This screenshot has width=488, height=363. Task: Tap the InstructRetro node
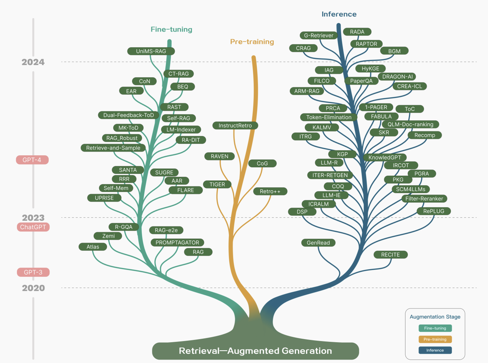pos(235,125)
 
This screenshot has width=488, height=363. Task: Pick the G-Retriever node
pos(318,35)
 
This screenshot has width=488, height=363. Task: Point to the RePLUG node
pos(433,211)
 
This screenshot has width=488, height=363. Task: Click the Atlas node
pos(93,246)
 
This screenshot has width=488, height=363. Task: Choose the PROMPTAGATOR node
pos(177,242)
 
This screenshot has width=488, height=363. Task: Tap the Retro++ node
pos(270,191)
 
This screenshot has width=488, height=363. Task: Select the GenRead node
pos(318,243)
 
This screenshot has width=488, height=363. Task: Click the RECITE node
pos(390,255)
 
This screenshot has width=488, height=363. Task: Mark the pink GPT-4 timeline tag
pos(32,160)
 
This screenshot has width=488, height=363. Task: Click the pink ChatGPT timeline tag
pos(33,227)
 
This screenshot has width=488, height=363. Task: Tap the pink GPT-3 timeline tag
pos(33,272)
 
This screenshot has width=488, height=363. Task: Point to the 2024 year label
pos(33,62)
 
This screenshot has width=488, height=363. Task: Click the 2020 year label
pos(33,288)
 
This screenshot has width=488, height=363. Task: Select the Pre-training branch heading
pos(252,42)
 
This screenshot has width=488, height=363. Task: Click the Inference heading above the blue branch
pos(339,14)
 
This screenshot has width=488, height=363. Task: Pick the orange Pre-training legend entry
pos(435,339)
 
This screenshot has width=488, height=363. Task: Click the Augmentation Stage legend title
pos(435,317)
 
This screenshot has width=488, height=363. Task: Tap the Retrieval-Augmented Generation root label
pos(255,351)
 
